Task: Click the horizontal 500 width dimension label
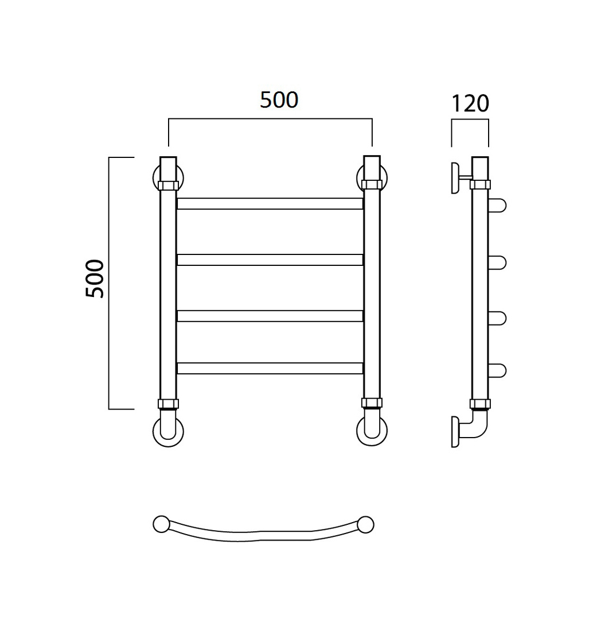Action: point(279,100)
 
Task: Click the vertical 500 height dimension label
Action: point(95,279)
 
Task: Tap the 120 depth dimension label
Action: point(470,104)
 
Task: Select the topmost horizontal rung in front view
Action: point(270,204)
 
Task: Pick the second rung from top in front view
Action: point(270,260)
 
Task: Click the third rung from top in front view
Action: point(270,316)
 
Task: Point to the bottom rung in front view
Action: point(270,368)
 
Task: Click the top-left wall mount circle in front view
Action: point(155,178)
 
